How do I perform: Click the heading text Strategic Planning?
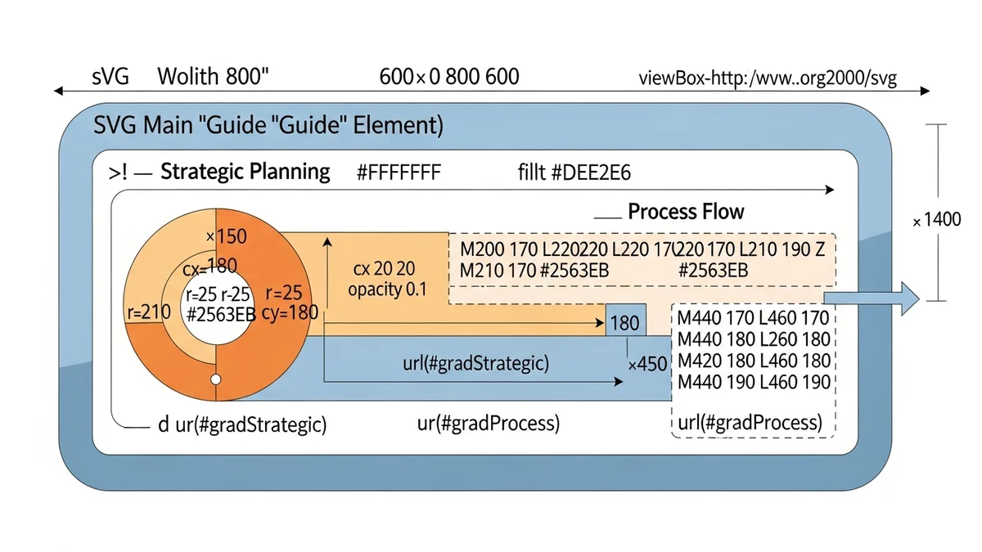(245, 173)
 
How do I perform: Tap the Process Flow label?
(686, 212)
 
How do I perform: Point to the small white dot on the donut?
(216, 379)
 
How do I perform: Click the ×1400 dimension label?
(938, 221)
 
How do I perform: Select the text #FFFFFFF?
(399, 173)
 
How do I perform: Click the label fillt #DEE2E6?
(574, 173)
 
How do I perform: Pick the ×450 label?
(648, 364)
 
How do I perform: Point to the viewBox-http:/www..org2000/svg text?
(768, 79)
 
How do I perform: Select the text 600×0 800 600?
(449, 78)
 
